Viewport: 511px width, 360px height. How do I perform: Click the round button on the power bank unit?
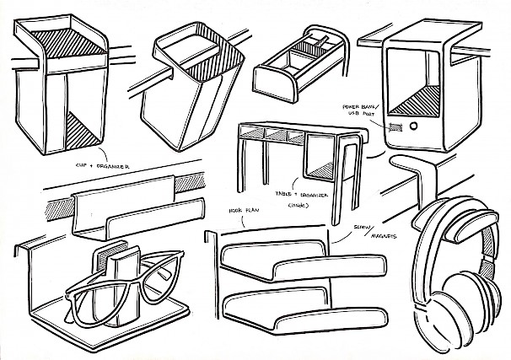coord(414,126)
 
